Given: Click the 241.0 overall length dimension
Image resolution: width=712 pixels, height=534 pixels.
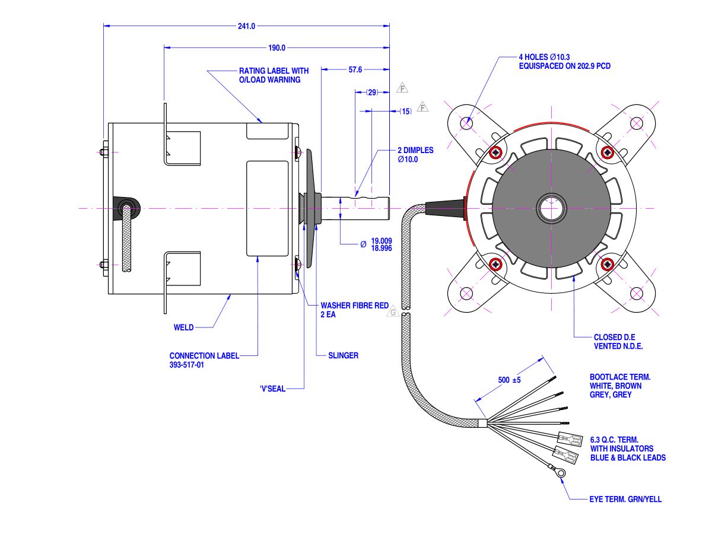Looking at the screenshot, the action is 246,26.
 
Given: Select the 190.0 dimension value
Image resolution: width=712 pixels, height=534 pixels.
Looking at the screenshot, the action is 276,48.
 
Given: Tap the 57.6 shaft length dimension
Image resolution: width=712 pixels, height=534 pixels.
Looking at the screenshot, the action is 355,69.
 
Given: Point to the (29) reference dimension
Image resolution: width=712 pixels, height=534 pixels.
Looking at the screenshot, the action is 372,93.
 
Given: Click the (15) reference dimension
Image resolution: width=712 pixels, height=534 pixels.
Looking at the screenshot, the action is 406,112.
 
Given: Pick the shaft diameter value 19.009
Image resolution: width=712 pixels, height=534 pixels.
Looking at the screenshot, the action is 382,241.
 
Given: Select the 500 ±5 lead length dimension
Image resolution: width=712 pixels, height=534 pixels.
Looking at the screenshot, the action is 509,380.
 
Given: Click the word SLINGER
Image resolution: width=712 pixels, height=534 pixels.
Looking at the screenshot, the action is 343,355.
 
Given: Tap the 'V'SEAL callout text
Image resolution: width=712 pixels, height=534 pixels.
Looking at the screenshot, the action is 272,389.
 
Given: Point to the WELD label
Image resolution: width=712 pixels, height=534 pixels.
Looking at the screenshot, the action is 183,328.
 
